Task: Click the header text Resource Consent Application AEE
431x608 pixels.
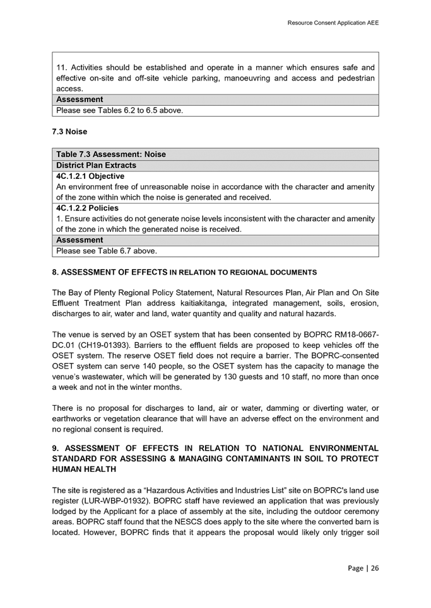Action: point(333,23)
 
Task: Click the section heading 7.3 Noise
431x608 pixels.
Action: point(69,132)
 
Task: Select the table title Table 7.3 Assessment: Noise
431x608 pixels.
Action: point(111,154)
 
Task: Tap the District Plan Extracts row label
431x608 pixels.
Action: point(96,165)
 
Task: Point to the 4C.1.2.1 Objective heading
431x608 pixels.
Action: point(90,176)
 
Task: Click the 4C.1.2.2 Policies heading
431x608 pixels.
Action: point(87,208)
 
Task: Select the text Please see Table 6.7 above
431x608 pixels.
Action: point(106,251)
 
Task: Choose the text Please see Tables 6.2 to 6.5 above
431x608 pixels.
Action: point(119,110)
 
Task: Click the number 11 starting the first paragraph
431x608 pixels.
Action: point(61,67)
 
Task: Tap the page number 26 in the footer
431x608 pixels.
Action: point(375,568)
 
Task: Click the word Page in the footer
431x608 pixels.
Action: point(355,568)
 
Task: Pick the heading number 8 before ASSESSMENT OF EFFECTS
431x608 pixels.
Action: point(54,272)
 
